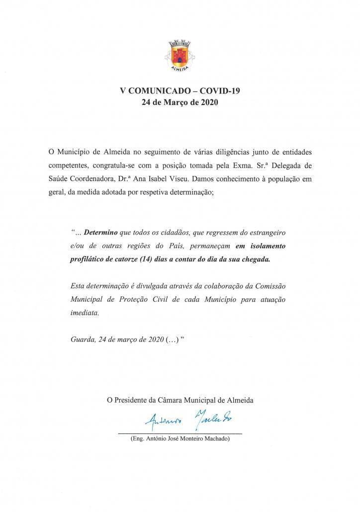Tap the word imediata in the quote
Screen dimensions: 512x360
click(85, 313)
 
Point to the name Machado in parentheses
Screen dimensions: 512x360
click(213, 440)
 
